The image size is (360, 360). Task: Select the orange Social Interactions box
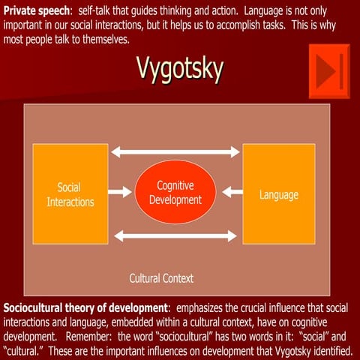coord(70,194)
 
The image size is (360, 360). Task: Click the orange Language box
coord(278,194)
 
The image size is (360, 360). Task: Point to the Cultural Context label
coord(161,278)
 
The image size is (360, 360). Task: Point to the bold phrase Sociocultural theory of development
coord(85,308)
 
